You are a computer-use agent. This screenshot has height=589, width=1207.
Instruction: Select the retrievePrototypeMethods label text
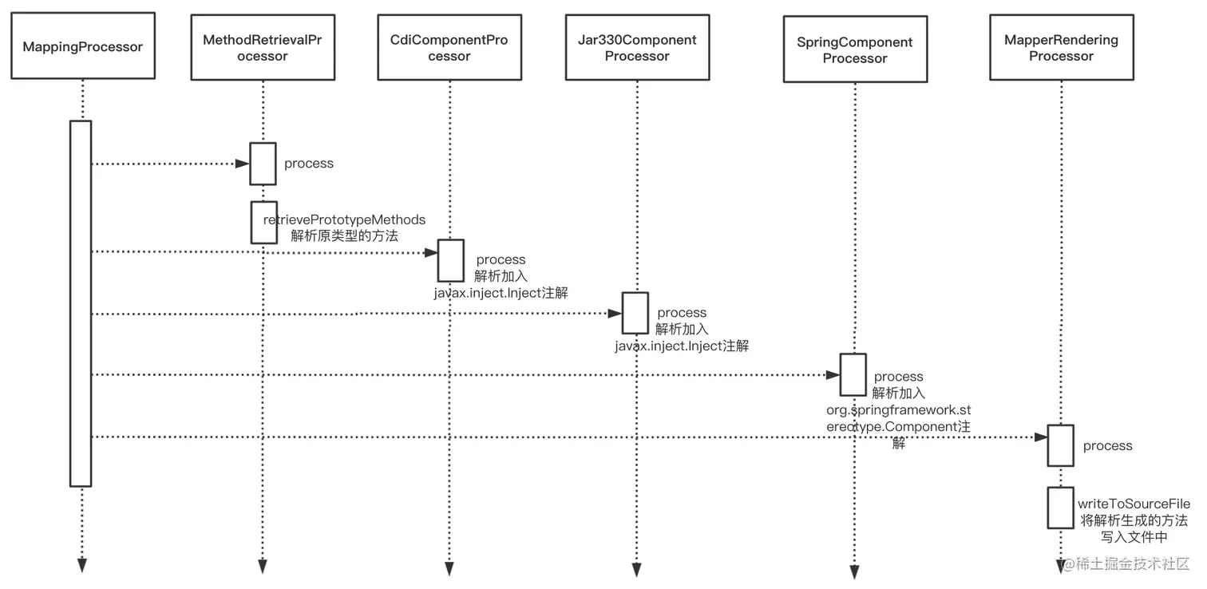pyautogui.click(x=344, y=219)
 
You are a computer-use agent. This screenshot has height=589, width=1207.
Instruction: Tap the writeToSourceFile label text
pyautogui.click(x=1134, y=504)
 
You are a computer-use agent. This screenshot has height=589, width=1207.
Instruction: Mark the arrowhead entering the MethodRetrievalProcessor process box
pyautogui.click(x=243, y=164)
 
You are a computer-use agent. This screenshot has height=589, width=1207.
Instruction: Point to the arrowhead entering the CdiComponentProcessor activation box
pyautogui.click(x=430, y=253)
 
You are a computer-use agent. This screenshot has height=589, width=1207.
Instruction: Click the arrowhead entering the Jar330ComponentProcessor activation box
pyautogui.click(x=615, y=313)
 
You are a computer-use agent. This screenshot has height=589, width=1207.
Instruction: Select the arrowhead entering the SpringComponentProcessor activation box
pyautogui.click(x=833, y=375)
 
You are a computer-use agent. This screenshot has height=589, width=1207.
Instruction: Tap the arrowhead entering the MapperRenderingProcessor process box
pyautogui.click(x=1040, y=437)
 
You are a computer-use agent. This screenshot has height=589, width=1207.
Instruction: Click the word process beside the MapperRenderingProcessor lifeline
pyautogui.click(x=1107, y=445)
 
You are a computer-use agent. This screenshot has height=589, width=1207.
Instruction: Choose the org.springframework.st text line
pyautogui.click(x=899, y=410)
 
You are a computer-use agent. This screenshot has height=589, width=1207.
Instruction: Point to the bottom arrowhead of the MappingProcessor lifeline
pyautogui.click(x=82, y=565)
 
